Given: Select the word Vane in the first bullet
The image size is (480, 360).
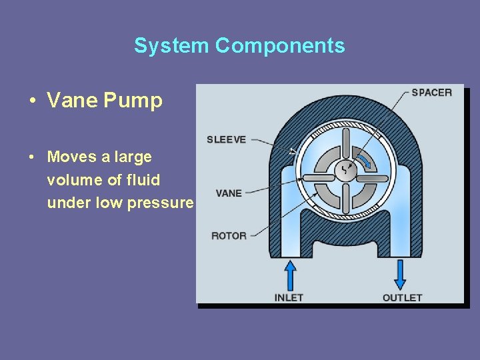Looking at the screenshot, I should click(x=72, y=101).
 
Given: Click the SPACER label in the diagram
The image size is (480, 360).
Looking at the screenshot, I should click(x=431, y=93).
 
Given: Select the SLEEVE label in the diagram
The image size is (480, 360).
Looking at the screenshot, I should click(x=226, y=139).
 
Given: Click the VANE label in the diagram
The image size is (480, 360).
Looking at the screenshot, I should click(x=229, y=193).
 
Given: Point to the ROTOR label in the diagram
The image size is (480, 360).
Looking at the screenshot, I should click(x=229, y=235).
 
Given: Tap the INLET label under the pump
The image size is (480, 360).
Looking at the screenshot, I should click(x=289, y=297).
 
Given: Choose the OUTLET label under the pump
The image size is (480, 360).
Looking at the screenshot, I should click(x=402, y=297).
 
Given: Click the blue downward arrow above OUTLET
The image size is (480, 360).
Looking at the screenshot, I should click(x=400, y=274).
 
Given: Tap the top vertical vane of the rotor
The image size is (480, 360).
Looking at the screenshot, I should click(x=345, y=143).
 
